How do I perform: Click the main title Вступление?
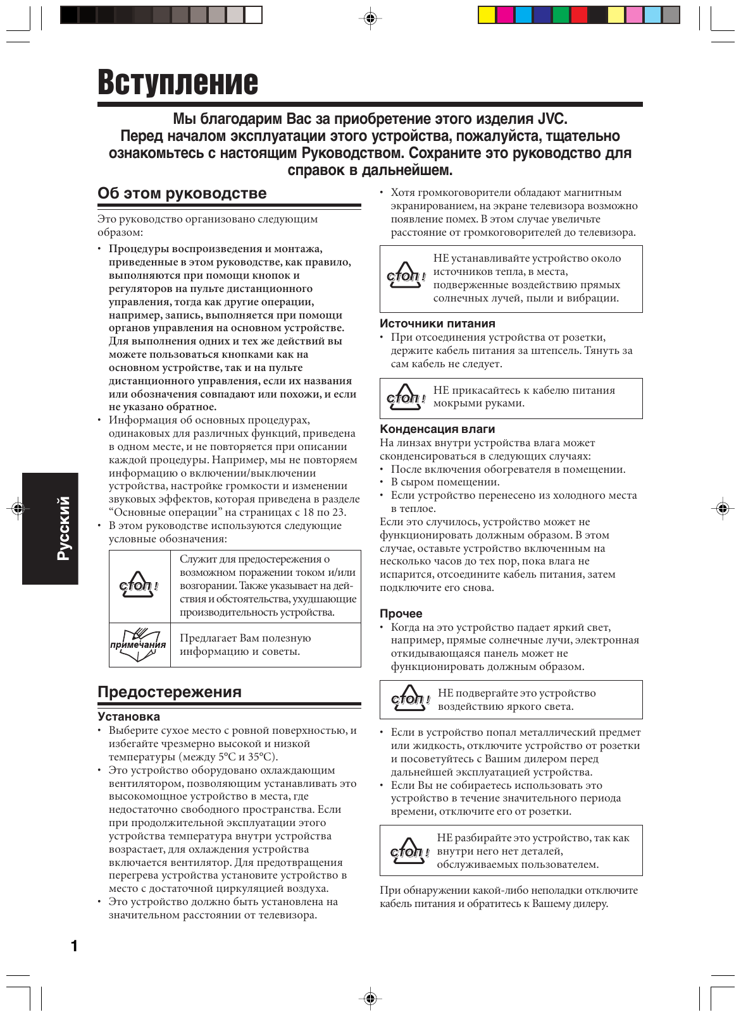point(178,83)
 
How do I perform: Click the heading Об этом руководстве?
point(182,193)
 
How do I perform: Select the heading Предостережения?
point(169,692)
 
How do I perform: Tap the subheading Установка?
point(128,717)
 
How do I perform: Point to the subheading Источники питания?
point(437,324)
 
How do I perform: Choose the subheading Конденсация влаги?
point(437,429)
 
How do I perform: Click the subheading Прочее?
point(401,614)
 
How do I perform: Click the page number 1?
point(74,946)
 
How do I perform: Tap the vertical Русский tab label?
point(63,528)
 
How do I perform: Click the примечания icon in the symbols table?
point(139,645)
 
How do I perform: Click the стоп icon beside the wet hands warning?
point(406,398)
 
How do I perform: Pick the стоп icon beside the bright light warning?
point(410,698)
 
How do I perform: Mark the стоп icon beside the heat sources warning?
point(406,276)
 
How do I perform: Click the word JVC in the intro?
point(552,119)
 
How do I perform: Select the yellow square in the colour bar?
point(487,15)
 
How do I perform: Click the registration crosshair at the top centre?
point(371,18)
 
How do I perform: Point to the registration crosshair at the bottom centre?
point(371,999)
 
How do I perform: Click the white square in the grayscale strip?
point(253,15)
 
